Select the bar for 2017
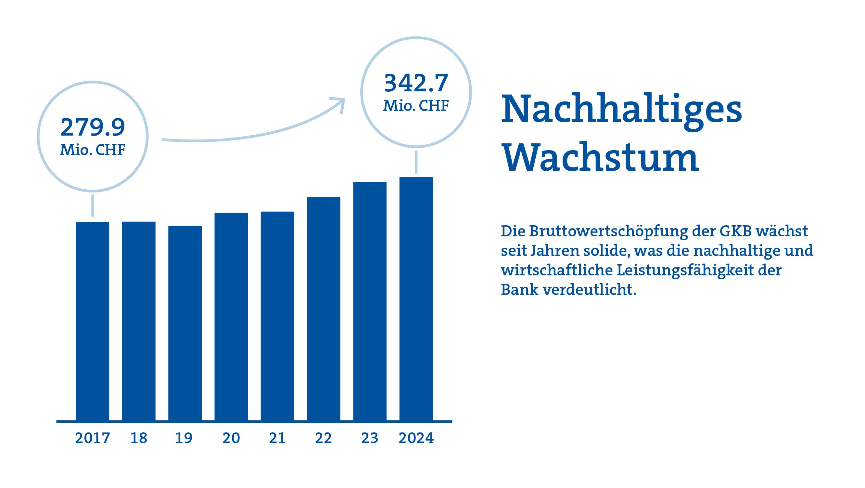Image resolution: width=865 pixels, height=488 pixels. point(92,321)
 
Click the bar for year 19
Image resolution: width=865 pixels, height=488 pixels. point(185,323)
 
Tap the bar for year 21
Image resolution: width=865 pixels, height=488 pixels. point(277,316)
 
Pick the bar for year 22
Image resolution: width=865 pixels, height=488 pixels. point(324,309)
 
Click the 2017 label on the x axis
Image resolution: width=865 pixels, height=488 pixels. point(92,438)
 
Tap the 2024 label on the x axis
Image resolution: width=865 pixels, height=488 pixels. point(416,438)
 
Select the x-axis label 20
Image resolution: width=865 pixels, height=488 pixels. point(231,438)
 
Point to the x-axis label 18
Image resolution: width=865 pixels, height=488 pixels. point(139,438)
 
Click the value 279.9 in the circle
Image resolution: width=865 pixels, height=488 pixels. point(92,127)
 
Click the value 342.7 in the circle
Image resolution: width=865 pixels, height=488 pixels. point(416,83)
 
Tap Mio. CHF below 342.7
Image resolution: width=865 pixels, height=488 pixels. point(416,106)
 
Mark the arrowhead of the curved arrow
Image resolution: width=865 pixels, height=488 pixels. point(340,102)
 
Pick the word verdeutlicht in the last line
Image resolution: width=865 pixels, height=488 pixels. point(589,290)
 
